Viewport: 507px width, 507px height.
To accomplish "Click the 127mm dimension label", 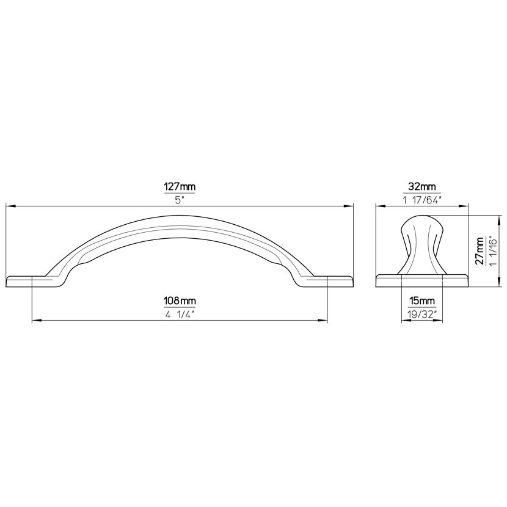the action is (180, 187).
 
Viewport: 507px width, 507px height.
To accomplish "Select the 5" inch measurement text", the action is (180, 200).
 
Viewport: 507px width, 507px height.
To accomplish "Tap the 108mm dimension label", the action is (180, 301).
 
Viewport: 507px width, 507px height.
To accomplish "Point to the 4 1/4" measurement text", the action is (180, 315).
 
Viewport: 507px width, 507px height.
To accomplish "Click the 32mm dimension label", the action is (421, 187).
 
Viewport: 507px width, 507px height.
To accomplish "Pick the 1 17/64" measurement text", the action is (421, 200).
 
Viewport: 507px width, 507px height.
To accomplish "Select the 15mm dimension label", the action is (421, 301).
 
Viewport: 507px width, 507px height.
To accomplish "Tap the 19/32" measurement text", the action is (421, 315).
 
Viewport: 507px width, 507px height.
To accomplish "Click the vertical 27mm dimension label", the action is (480, 250).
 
